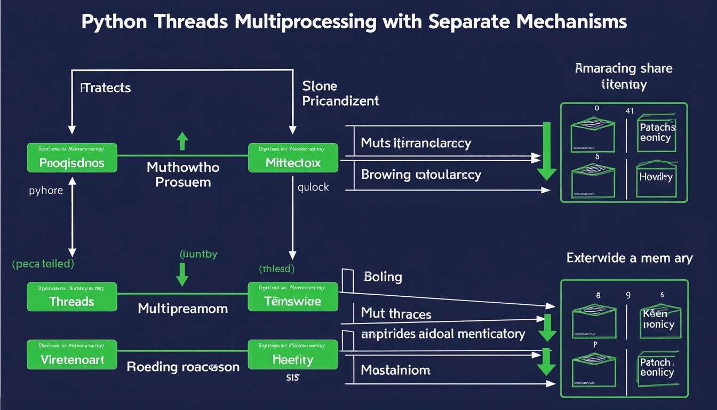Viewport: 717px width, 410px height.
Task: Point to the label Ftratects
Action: click(x=106, y=88)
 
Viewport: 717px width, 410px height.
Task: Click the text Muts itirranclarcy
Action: click(x=416, y=143)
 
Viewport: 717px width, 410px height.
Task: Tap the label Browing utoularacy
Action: click(x=421, y=175)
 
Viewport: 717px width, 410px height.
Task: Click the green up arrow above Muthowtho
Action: click(x=182, y=141)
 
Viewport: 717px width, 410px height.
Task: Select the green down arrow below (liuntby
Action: click(x=182, y=273)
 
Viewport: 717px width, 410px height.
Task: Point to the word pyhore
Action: click(x=46, y=191)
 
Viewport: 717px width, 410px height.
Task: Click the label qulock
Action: click(x=313, y=187)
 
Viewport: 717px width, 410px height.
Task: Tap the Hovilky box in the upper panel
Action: click(x=656, y=177)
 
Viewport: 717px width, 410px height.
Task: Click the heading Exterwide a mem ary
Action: click(x=630, y=258)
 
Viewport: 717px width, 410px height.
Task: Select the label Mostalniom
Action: click(x=395, y=369)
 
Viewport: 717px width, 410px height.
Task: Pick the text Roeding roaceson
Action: click(x=183, y=367)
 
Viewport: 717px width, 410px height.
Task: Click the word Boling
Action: click(x=383, y=277)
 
